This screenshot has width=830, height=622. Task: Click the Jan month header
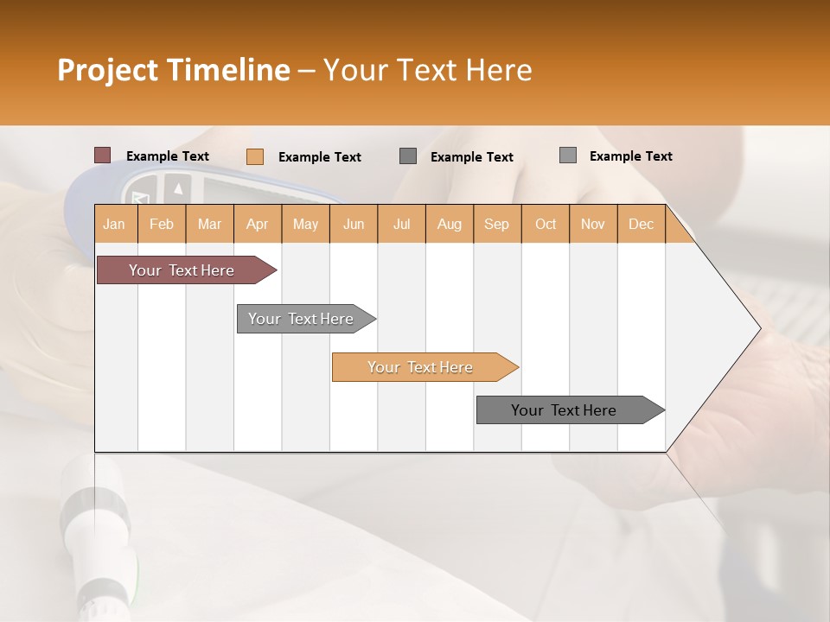coord(114,225)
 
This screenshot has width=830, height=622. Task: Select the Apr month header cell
coord(257,225)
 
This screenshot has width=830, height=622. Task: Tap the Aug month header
coord(449,225)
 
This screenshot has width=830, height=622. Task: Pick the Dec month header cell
coord(641,225)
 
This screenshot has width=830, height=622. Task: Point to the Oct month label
coord(546,225)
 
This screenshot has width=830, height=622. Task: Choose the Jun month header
coord(354,225)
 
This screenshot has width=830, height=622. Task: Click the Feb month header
coord(162,225)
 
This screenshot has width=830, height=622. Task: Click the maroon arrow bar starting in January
coord(182,270)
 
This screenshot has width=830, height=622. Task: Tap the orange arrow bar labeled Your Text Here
coord(420,367)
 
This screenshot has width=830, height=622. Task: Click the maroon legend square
coord(102,155)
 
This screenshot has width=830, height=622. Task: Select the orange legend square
coord(254,156)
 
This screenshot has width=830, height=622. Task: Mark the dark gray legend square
coord(408,156)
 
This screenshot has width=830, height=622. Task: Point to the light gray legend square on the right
coord(567,155)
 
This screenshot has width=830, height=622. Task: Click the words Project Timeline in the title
coord(173,70)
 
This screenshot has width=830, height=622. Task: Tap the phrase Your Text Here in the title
coord(427,70)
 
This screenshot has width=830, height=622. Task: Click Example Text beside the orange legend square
coord(319,157)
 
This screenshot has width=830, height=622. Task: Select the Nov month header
coord(593,225)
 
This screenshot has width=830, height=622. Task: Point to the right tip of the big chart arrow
coord(759,327)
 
